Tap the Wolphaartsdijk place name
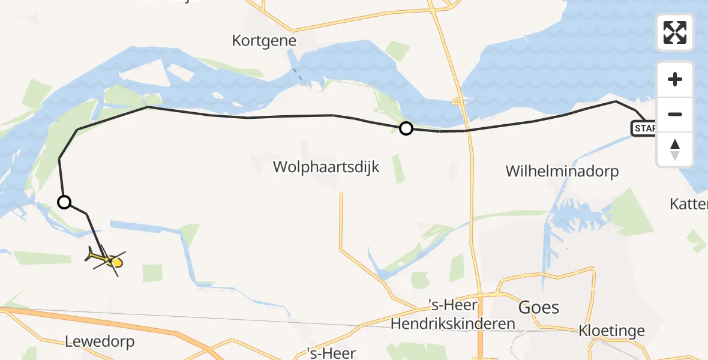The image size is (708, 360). coord(326,166)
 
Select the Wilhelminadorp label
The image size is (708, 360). coord(562,171)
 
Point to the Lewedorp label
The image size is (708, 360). coord(100,342)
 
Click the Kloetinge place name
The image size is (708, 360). coord(611,331)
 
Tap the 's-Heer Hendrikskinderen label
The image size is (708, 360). coord(452,316)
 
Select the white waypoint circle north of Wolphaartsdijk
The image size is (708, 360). coord(406,128)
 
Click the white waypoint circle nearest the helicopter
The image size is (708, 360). coord(64,202)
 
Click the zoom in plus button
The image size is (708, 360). coord(675,79)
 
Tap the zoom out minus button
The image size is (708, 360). coord(675,114)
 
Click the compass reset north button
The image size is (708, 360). coord(675,149)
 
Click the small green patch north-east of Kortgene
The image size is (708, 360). coord(397,50)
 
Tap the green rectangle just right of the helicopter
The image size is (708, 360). coord(152,272)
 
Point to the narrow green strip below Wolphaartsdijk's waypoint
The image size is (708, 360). coord(398,169)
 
